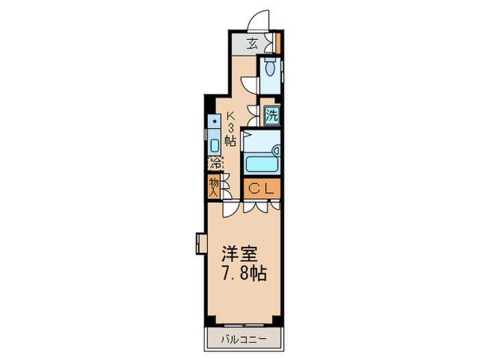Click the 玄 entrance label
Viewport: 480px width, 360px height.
[x=252, y=44]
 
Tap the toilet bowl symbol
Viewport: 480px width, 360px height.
[x=270, y=67]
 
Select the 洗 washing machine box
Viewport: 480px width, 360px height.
[x=272, y=115]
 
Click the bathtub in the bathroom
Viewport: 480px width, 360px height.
[x=262, y=165]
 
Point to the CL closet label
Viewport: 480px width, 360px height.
[x=261, y=189]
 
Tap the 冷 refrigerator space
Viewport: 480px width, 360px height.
[x=215, y=163]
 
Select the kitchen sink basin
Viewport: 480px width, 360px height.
[x=215, y=146]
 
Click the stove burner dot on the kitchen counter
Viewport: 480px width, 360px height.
[x=215, y=121]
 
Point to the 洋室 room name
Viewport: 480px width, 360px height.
[x=240, y=254]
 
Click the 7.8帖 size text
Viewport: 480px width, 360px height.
[x=244, y=273]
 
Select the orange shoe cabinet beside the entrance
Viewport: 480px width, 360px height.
[x=278, y=43]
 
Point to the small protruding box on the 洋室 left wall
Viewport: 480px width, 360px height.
[x=201, y=243]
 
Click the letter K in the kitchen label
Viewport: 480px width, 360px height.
[x=230, y=116]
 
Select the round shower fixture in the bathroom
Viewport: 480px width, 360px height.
[x=277, y=150]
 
